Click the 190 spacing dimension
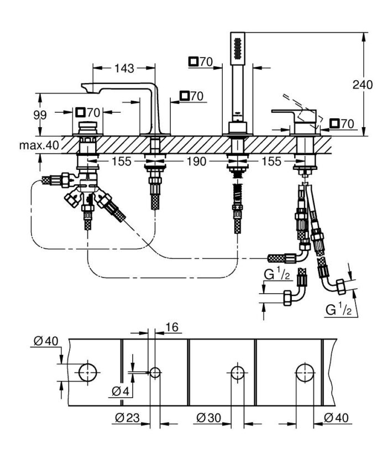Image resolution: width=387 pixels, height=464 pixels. [196, 161]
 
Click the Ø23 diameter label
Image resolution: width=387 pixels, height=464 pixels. [128, 419]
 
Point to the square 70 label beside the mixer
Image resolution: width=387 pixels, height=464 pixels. [341, 124]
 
